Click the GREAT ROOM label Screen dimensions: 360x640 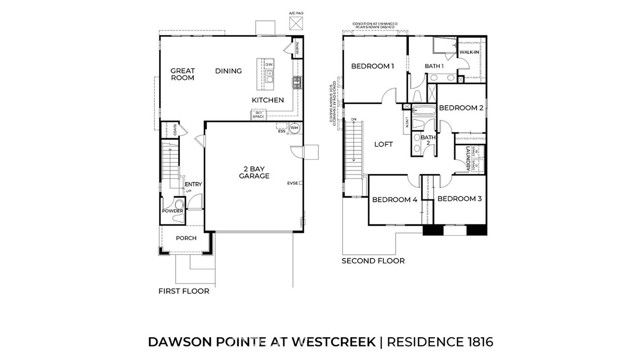point(181,77)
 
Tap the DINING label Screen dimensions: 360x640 point(229,71)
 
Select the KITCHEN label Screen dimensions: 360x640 point(268,101)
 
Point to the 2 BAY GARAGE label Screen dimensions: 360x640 point(248,171)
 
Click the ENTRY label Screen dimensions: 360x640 point(192,184)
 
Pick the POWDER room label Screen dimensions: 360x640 point(173,211)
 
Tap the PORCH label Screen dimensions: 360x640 point(186,239)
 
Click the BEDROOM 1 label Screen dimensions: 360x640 point(372,66)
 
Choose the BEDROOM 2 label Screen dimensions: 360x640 point(462,107)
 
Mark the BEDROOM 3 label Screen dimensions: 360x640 point(460,198)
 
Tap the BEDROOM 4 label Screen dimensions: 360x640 point(394,199)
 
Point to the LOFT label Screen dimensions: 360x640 point(384,144)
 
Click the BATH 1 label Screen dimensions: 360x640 point(434,66)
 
